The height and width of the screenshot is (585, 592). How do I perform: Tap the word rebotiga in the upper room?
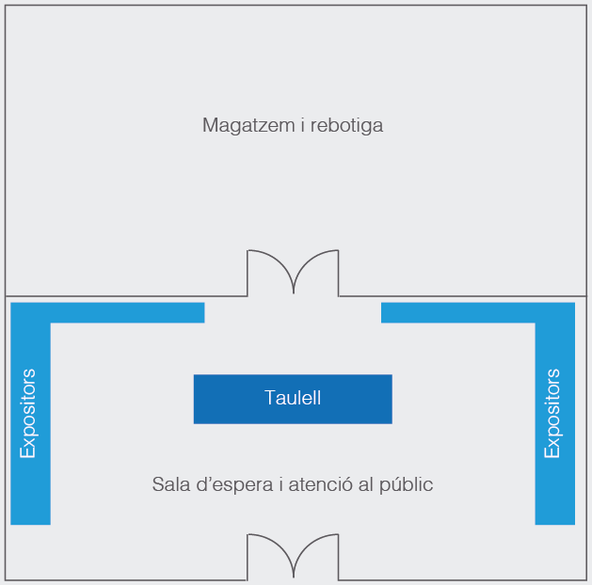[347, 125]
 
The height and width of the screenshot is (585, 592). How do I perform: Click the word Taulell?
[293, 398]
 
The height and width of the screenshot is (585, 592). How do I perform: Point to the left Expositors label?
[28, 414]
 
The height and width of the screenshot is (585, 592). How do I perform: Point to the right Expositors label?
[552, 414]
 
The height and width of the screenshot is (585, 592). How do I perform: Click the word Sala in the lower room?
[169, 484]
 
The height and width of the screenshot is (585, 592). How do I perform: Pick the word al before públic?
[368, 484]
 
